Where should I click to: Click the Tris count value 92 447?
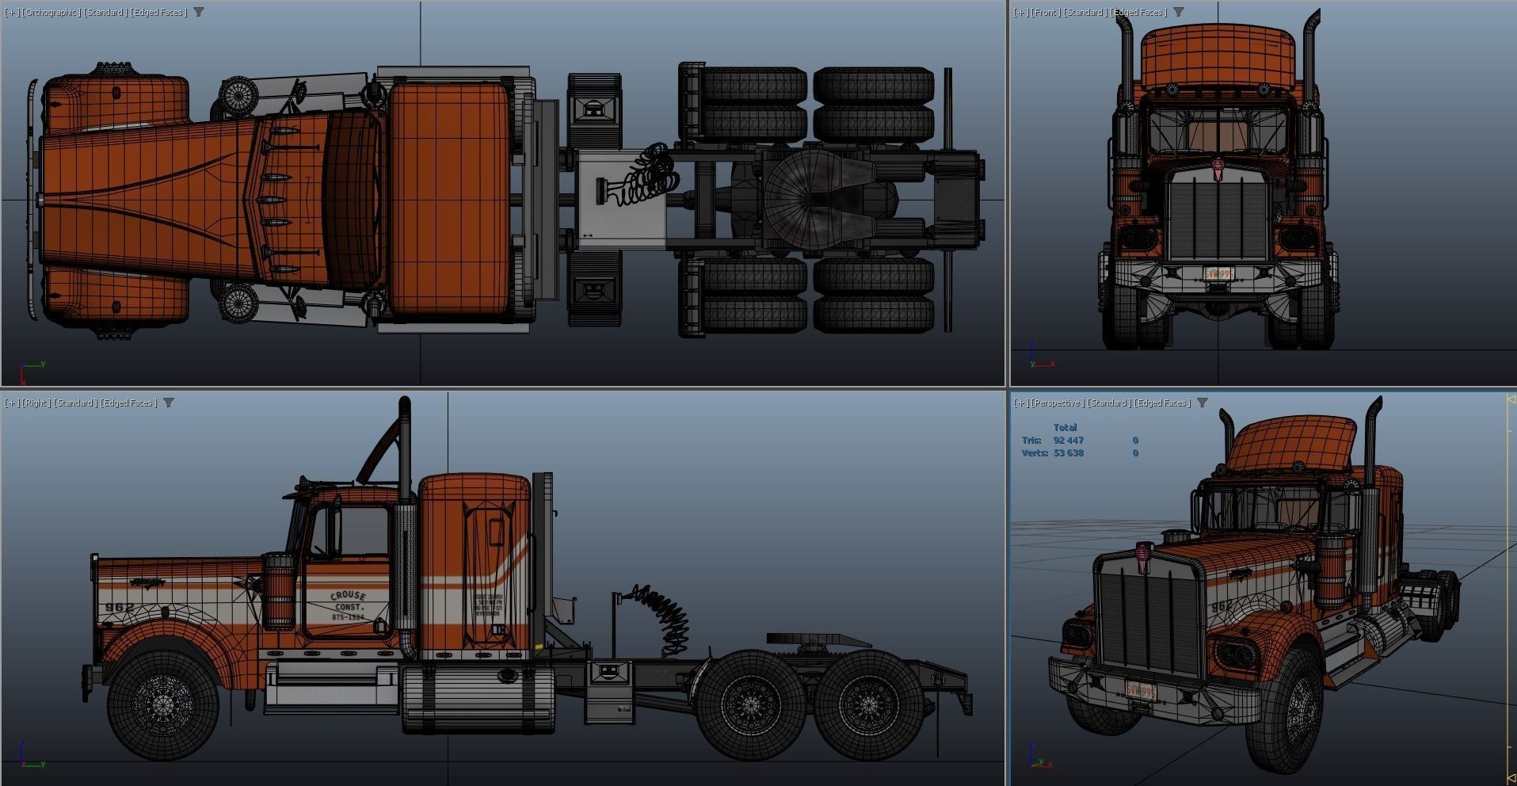tap(1068, 441)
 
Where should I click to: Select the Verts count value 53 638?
tap(1068, 453)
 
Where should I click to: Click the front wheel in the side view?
tap(163, 704)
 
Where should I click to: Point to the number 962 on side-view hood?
tap(120, 608)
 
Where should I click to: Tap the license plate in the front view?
tap(1218, 274)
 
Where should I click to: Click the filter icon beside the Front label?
tap(1179, 12)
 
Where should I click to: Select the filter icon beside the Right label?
tap(169, 403)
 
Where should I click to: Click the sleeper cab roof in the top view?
tap(449, 198)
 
